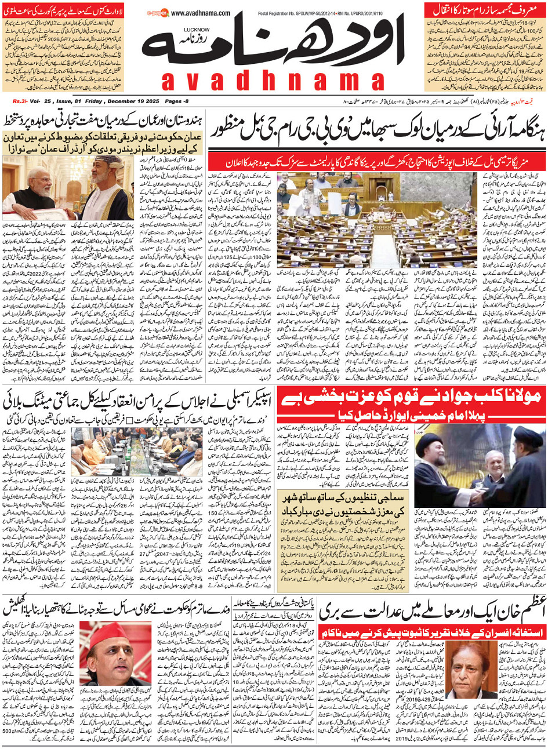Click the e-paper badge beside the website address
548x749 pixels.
(x=158, y=12)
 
